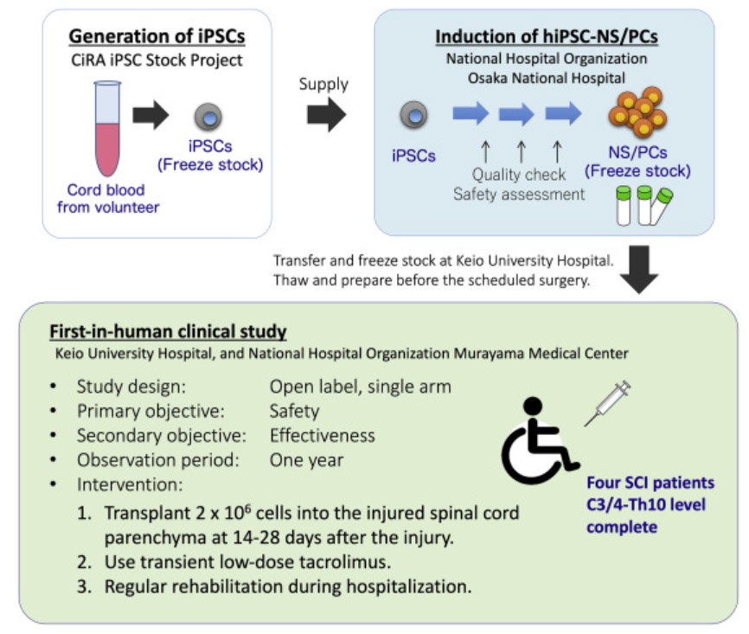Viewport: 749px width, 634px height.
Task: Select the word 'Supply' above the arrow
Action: [x=323, y=84]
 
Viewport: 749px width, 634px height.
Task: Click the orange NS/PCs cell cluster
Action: [x=637, y=112]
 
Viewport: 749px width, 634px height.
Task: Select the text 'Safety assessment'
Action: [x=519, y=195]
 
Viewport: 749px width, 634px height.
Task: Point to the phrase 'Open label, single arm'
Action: [x=360, y=386]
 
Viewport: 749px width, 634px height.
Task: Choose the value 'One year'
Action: [x=306, y=461]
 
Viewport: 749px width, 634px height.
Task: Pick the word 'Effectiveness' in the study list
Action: [x=322, y=436]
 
